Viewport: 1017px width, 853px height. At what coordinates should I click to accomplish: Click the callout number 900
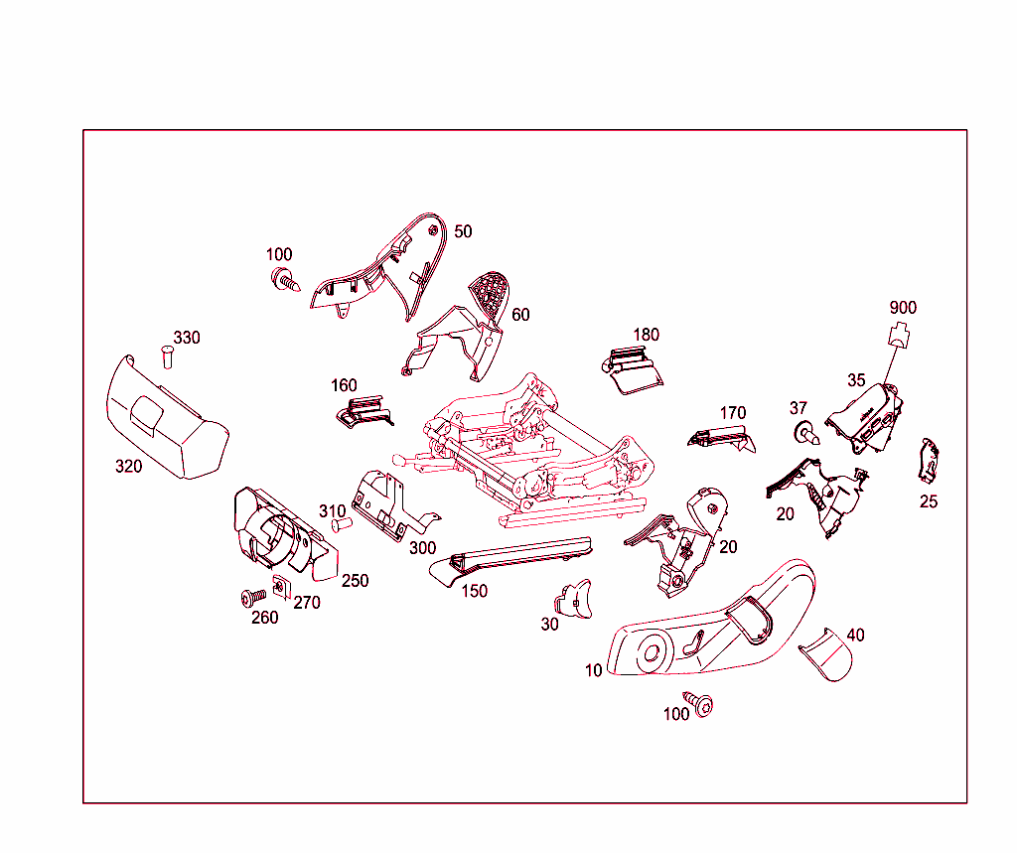click(x=903, y=308)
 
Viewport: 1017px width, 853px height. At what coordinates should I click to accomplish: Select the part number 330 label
click(x=187, y=338)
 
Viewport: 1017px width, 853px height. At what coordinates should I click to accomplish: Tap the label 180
click(x=646, y=335)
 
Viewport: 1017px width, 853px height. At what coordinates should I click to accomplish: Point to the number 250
click(x=356, y=581)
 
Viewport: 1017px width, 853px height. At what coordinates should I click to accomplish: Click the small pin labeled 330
click(x=167, y=357)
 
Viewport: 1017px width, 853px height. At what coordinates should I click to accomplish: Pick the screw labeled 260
click(x=253, y=597)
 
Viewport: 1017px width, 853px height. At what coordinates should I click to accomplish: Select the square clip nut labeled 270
click(x=280, y=587)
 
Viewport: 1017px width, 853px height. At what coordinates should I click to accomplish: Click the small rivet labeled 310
click(x=342, y=523)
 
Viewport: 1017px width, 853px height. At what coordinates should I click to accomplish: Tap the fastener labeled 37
click(x=806, y=433)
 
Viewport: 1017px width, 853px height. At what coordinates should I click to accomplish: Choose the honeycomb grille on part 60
click(x=490, y=295)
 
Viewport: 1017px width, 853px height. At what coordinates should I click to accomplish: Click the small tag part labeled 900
click(x=899, y=335)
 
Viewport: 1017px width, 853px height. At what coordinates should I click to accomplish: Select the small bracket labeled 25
click(x=929, y=461)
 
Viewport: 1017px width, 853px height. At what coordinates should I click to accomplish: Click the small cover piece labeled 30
click(x=573, y=600)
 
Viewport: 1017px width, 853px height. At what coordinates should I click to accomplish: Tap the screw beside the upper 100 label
click(x=285, y=280)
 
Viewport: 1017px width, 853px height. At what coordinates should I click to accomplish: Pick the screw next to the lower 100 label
click(x=699, y=703)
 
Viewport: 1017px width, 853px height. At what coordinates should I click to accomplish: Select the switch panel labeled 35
click(x=865, y=418)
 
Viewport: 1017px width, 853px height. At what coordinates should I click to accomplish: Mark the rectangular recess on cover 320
click(x=147, y=415)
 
